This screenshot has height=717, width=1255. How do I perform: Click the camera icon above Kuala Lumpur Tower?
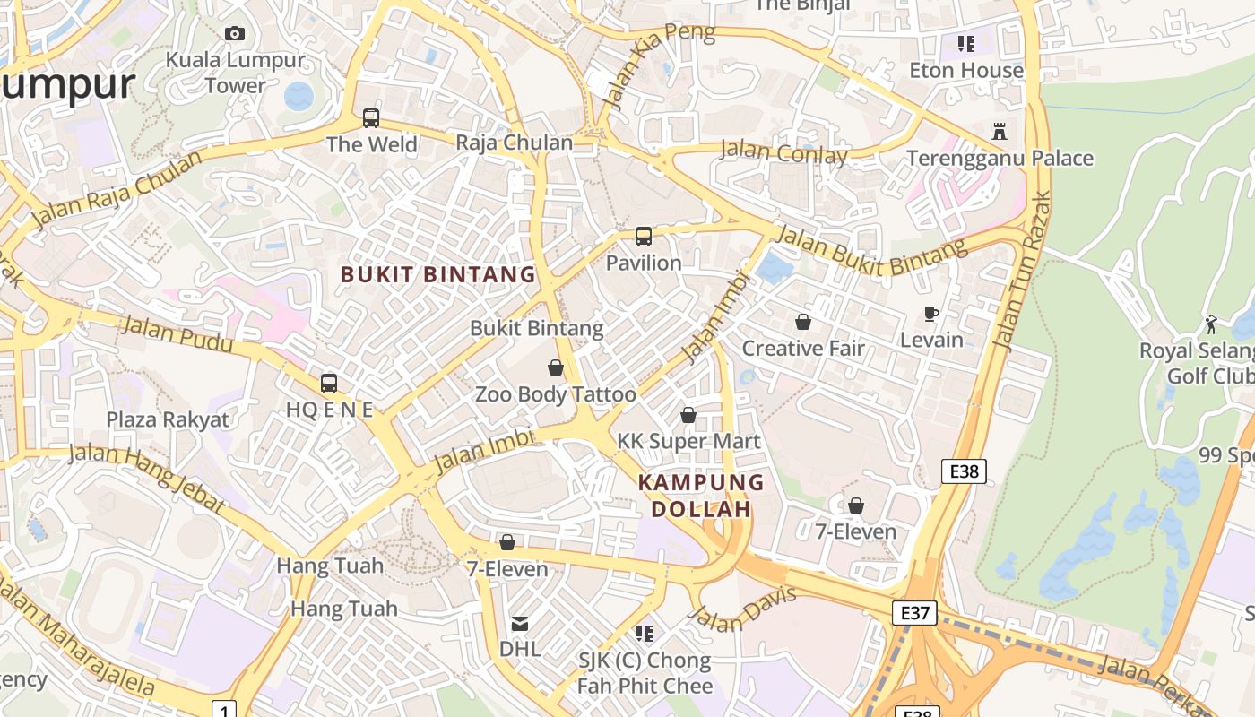(x=235, y=34)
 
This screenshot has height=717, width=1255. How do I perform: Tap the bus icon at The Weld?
(x=371, y=118)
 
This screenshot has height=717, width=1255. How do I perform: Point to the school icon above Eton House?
(x=966, y=43)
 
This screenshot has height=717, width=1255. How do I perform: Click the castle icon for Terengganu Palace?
(x=1000, y=132)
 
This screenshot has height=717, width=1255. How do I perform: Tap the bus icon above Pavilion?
(x=644, y=237)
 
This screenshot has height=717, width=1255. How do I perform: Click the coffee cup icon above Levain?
(x=931, y=314)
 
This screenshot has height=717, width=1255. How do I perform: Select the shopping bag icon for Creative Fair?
(x=803, y=322)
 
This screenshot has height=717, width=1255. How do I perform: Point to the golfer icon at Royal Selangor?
(x=1211, y=324)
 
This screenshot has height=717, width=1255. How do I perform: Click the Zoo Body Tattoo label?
(x=555, y=394)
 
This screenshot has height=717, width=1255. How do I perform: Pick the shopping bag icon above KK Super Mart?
(x=688, y=415)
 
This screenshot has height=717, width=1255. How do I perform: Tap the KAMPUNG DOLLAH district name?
(x=701, y=496)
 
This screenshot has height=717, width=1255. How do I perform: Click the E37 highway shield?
(x=914, y=613)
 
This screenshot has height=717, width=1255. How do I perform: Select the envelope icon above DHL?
(x=520, y=623)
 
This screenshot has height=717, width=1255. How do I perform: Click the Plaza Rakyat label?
(x=168, y=419)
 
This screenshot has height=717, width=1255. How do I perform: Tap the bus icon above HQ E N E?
(x=329, y=384)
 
